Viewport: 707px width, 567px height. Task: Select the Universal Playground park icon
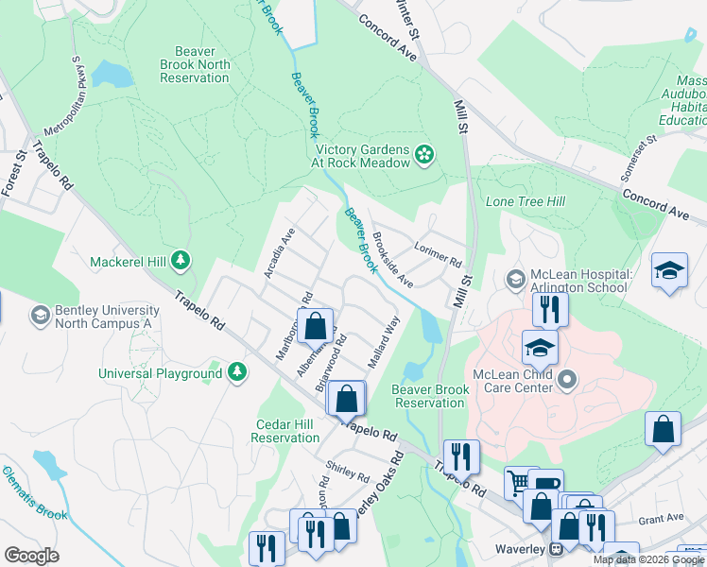click(x=237, y=373)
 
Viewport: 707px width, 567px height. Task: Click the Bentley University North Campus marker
click(x=40, y=314)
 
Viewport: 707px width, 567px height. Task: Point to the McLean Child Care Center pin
click(x=567, y=381)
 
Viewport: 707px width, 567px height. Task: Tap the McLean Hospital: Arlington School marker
click(x=515, y=279)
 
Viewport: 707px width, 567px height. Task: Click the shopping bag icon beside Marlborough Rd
click(x=316, y=326)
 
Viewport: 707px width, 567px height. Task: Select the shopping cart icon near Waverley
click(x=518, y=484)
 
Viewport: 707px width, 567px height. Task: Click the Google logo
click(x=31, y=556)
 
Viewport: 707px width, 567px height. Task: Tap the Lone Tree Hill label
click(x=525, y=202)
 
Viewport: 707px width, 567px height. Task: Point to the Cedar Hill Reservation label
click(x=287, y=431)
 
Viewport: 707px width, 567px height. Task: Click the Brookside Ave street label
click(x=392, y=260)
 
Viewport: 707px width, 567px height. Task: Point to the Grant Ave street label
click(x=661, y=518)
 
